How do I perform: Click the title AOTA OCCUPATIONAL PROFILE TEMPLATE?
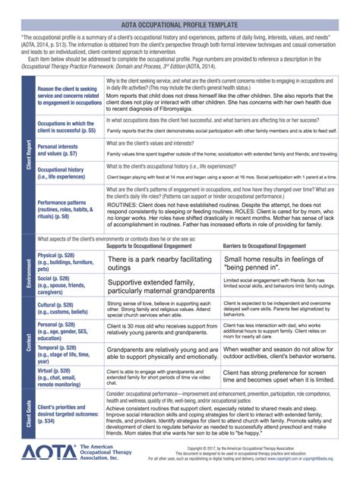pos(180,25)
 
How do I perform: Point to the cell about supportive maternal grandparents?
pos(158,286)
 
